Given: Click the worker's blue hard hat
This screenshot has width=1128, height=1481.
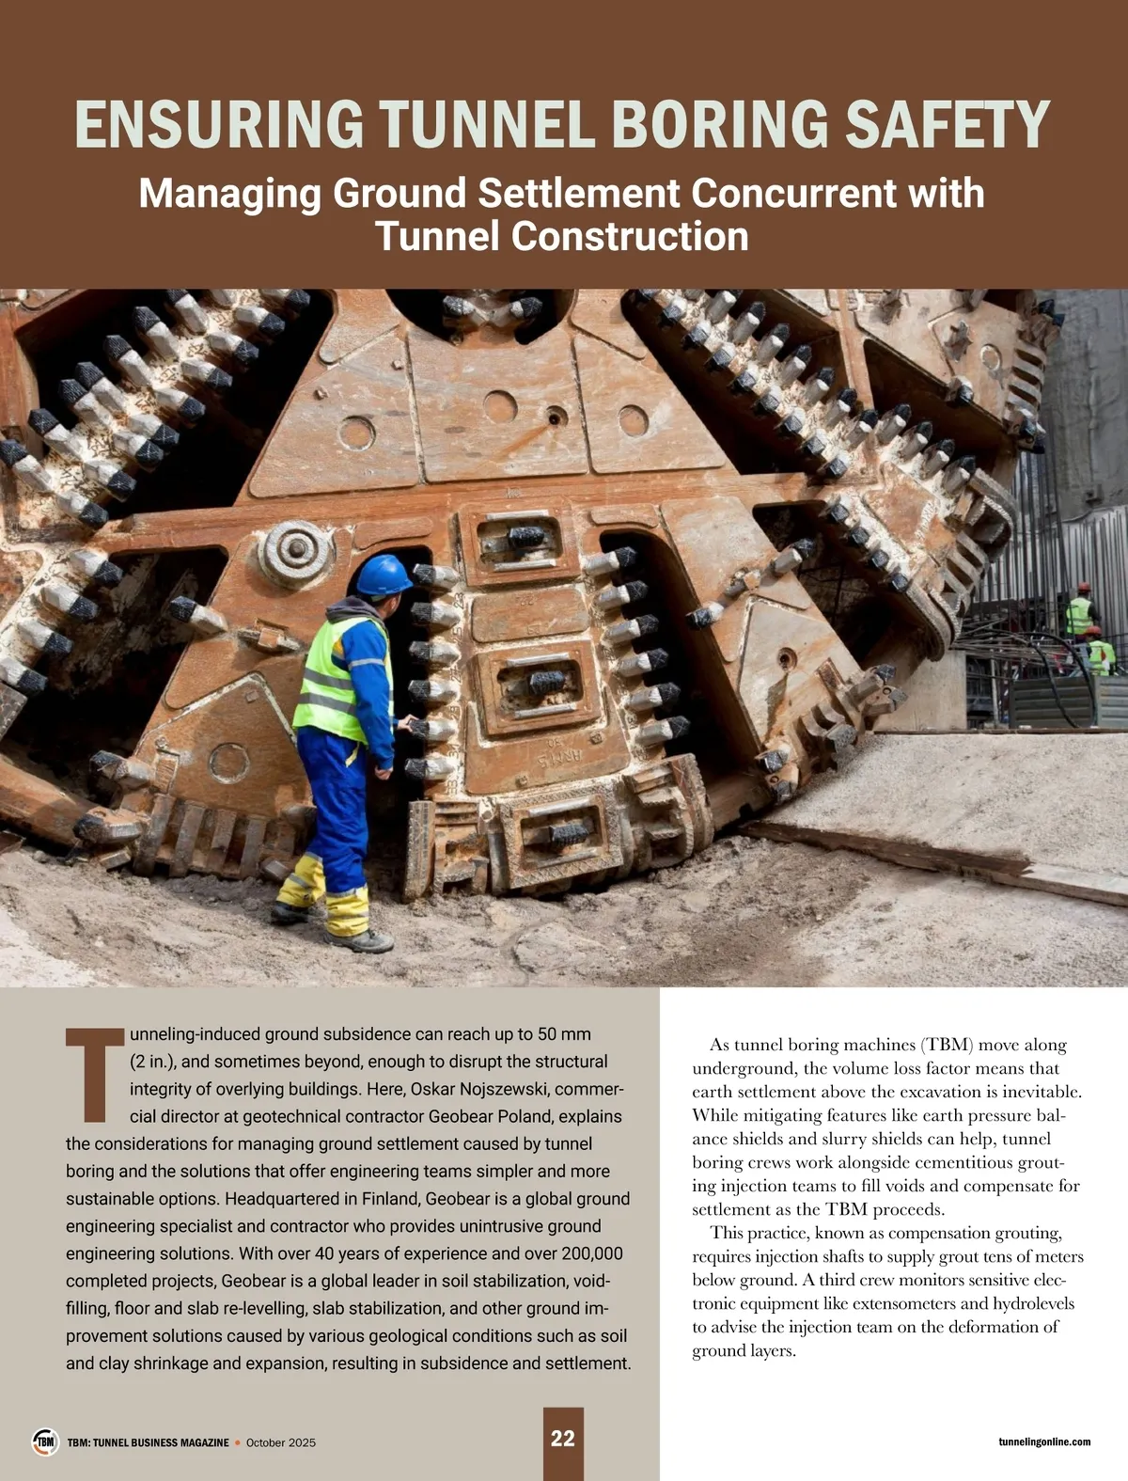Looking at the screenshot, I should (x=384, y=575).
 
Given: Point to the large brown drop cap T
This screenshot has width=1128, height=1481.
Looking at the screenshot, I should (x=94, y=1075).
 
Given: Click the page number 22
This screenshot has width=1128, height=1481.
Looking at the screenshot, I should (x=563, y=1439).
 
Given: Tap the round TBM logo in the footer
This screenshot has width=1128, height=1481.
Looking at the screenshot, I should (x=45, y=1442).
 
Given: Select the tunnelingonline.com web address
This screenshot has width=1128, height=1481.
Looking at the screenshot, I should (x=1044, y=1442).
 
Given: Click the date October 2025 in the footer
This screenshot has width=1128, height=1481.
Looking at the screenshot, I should (x=281, y=1442).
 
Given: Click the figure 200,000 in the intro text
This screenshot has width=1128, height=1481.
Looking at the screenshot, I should (x=592, y=1253).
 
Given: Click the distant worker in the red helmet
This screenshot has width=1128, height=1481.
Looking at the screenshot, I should (x=1082, y=611).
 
